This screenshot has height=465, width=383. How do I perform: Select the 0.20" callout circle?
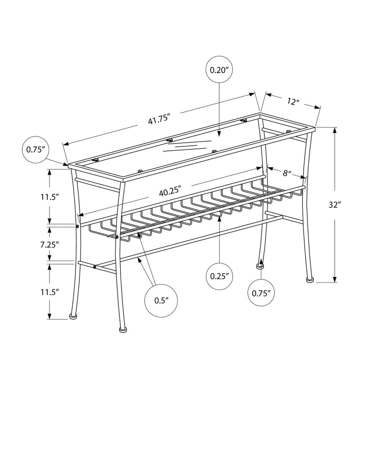(219, 70)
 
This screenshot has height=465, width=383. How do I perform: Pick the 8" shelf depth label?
(287, 173)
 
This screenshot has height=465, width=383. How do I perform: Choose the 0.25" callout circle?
(220, 276)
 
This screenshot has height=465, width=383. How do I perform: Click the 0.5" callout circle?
(161, 300)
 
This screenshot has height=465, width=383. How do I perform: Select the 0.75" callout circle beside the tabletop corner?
(36, 149)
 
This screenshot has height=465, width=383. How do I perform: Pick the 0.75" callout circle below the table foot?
(261, 293)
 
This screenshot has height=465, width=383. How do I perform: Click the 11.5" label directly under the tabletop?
(50, 197)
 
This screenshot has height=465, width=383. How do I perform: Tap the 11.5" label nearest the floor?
(50, 292)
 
